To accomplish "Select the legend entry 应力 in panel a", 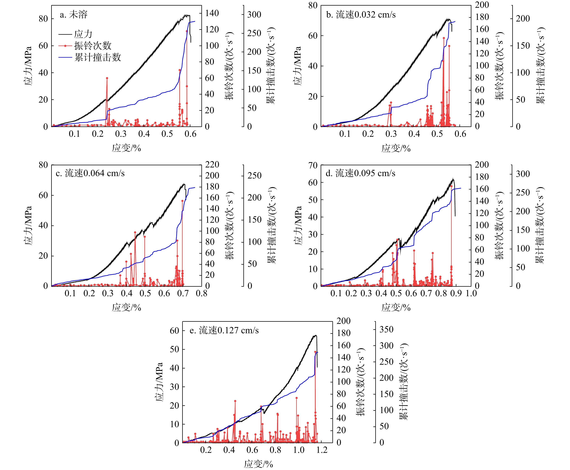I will pyautogui.click(x=83, y=34).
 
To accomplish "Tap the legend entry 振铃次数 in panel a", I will pyautogui.click(x=93, y=46).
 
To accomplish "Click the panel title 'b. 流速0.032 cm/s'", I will pyautogui.click(x=361, y=15).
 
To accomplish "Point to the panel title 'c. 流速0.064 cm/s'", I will pyautogui.click(x=90, y=173).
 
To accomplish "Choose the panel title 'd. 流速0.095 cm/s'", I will pyautogui.click(x=360, y=173).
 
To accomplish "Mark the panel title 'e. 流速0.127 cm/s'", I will pyautogui.click(x=224, y=331).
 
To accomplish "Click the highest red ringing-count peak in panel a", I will pyautogui.click(x=187, y=31).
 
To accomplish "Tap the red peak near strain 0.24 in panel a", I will pyautogui.click(x=107, y=78).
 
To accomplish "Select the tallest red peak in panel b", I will pyautogui.click(x=444, y=38).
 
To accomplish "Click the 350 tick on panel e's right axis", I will pyautogui.click(x=386, y=329).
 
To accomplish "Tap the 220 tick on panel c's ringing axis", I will pyautogui.click(x=212, y=165).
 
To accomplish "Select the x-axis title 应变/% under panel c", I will pyautogui.click(x=126, y=308).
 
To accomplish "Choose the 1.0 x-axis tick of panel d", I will pyautogui.click(x=471, y=293).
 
